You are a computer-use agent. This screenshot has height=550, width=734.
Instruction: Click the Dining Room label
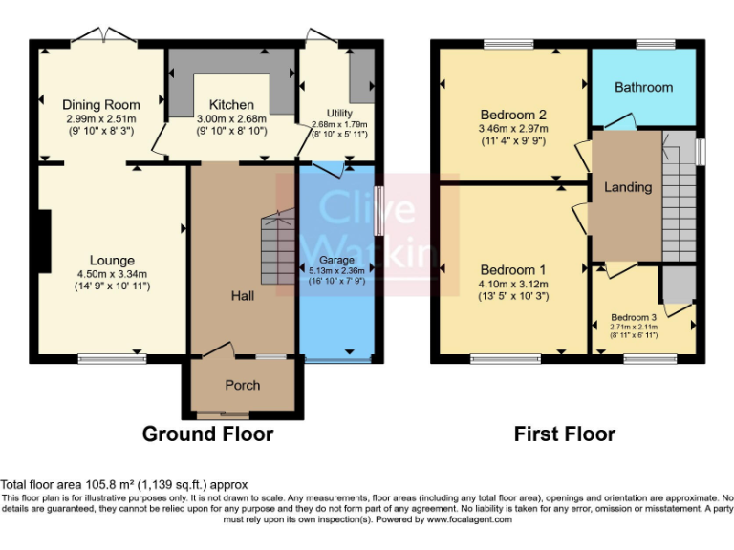point(101,104)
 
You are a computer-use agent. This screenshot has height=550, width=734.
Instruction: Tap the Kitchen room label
point(232,104)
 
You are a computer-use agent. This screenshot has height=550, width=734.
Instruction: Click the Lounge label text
point(112,260)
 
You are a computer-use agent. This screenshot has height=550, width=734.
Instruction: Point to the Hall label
point(242,297)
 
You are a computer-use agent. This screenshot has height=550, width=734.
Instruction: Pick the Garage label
point(336,260)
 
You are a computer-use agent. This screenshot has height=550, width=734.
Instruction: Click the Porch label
point(242,385)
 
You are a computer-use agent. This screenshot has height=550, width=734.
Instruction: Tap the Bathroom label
point(643,87)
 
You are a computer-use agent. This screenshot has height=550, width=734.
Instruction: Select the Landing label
point(628,187)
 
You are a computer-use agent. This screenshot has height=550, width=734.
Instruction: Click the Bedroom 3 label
point(634,317)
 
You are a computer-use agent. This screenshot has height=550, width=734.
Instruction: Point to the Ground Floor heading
point(207,434)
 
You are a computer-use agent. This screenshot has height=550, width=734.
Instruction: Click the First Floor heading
point(564,434)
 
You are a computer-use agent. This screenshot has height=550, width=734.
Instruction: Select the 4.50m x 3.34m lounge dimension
point(112,273)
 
